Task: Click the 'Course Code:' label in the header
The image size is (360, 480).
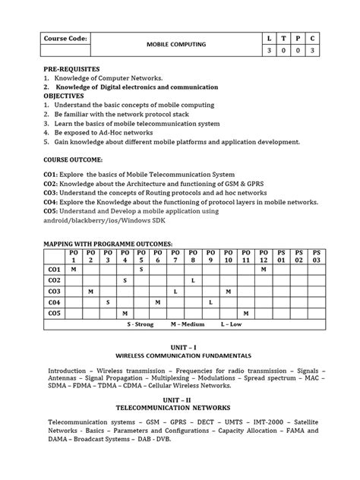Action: click(x=65, y=37)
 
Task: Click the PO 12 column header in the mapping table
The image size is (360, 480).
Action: click(x=263, y=255)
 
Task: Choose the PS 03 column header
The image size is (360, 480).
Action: click(x=317, y=255)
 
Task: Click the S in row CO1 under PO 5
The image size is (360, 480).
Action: click(x=141, y=269)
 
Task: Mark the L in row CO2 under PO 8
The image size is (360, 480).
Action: click(x=193, y=280)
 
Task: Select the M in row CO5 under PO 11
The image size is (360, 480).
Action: click(x=245, y=312)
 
